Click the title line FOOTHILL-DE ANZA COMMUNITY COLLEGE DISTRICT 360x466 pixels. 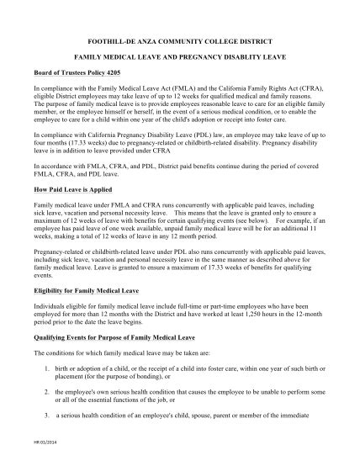tap(179, 39)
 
